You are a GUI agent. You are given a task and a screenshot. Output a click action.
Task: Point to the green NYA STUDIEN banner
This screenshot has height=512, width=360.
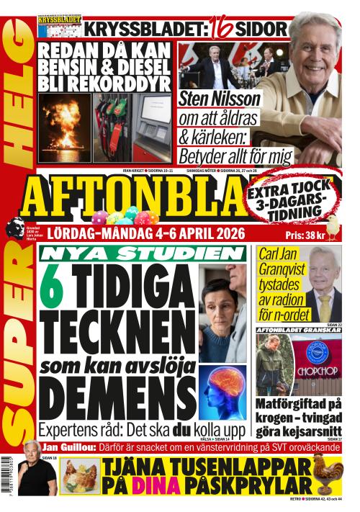coord(142,253)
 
